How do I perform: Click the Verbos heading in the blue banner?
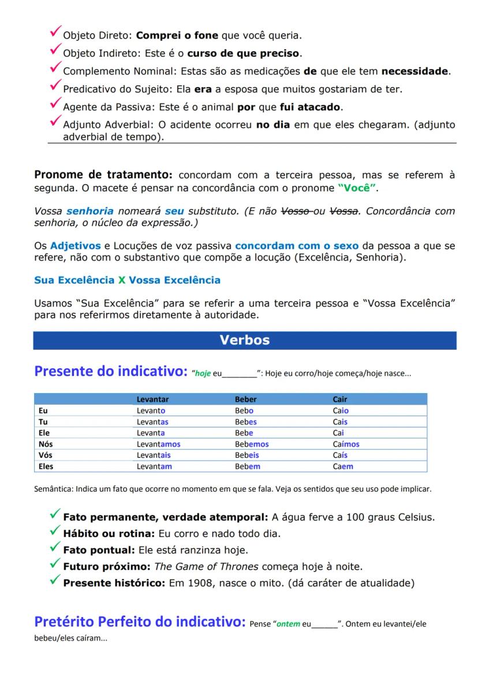[244, 341]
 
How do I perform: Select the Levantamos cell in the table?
[158, 445]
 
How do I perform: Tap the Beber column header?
[245, 399]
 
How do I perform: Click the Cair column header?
[340, 399]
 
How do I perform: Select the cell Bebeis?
[247, 455]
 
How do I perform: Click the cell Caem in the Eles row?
[343, 466]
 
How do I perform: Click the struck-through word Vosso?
[294, 211]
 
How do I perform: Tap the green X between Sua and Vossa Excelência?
[121, 281]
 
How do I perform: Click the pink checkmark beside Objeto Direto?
[55, 33]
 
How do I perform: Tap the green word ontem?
[289, 624]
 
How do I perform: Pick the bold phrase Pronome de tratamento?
[103, 175]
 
